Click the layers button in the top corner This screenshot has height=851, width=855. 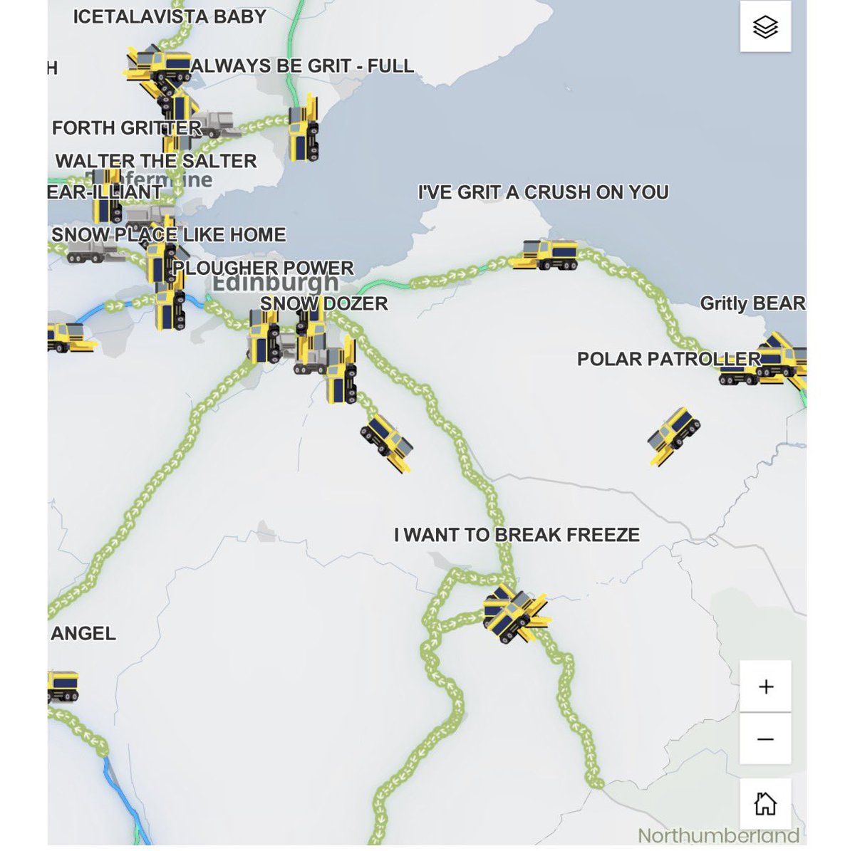[765, 27]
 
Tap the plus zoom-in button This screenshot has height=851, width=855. [765, 686]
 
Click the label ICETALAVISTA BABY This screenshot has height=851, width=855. [170, 17]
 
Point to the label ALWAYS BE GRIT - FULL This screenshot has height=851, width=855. [302, 66]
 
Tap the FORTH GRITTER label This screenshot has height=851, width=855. [126, 128]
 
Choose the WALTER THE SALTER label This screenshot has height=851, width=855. [156, 161]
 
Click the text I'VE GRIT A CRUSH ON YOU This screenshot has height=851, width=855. [543, 192]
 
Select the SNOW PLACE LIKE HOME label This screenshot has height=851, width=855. [169, 234]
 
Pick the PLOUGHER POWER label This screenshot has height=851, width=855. [263, 268]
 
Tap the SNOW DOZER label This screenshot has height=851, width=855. [324, 303]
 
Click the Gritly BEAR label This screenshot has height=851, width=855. [752, 303]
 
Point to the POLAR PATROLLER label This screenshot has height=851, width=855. [668, 359]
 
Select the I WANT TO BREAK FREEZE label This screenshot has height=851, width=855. [517, 535]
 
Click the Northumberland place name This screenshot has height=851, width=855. [718, 835]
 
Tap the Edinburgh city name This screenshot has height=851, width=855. [275, 283]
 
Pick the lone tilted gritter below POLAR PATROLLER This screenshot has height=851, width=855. [673, 434]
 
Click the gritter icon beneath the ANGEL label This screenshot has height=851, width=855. [63, 685]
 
